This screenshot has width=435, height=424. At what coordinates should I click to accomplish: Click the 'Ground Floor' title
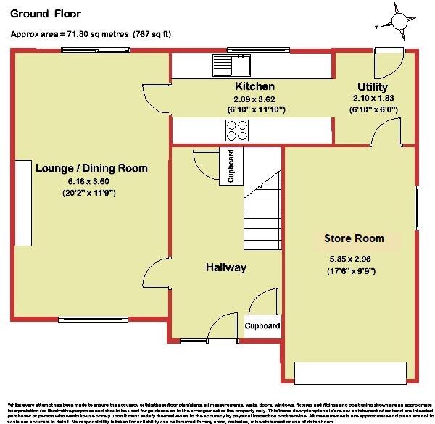(45, 13)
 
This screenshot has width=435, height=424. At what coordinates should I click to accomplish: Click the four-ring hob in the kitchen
(237, 130)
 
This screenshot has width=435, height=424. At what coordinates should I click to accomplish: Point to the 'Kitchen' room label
(234, 86)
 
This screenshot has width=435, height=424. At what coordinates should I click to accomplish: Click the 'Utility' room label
(373, 87)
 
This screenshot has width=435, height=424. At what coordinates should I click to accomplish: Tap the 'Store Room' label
(354, 238)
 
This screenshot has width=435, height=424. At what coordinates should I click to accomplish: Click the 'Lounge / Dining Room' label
(91, 168)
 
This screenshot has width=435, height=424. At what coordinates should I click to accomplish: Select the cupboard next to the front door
(262, 326)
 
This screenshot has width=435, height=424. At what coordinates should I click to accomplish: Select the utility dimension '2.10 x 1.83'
(373, 99)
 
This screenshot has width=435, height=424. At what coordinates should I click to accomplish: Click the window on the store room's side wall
(417, 207)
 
